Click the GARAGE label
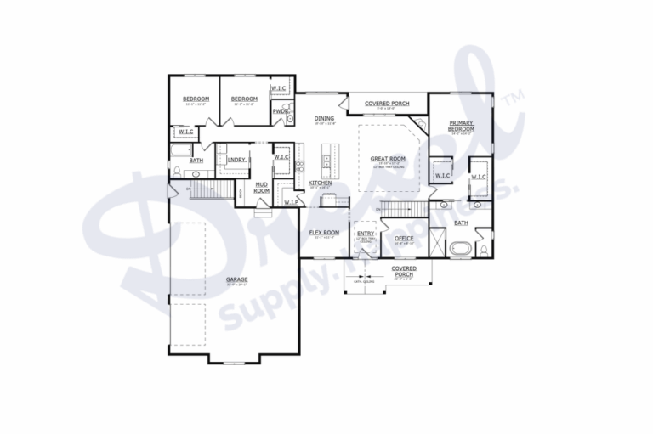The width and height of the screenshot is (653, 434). [236, 279]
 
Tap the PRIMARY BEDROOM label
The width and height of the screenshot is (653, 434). [462, 126]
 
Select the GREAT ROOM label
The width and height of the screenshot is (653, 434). [387, 158]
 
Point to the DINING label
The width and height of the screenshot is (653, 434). [324, 118]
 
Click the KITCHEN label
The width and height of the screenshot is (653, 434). [320, 183]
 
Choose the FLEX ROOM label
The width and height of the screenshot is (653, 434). [324, 232]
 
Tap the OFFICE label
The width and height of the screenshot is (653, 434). [404, 238]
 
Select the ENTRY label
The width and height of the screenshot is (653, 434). [366, 234]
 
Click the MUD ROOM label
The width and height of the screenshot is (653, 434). [262, 188]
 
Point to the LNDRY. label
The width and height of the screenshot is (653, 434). [237, 159]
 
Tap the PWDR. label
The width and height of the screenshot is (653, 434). [280, 111]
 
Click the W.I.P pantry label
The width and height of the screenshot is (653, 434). [290, 201]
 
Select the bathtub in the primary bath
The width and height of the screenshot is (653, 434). [461, 250]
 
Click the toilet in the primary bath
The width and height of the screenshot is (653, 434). [482, 250]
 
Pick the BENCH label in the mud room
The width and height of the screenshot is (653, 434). [242, 193]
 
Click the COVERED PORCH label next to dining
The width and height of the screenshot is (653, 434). [387, 104]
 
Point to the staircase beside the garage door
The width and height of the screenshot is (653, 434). [205, 188]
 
